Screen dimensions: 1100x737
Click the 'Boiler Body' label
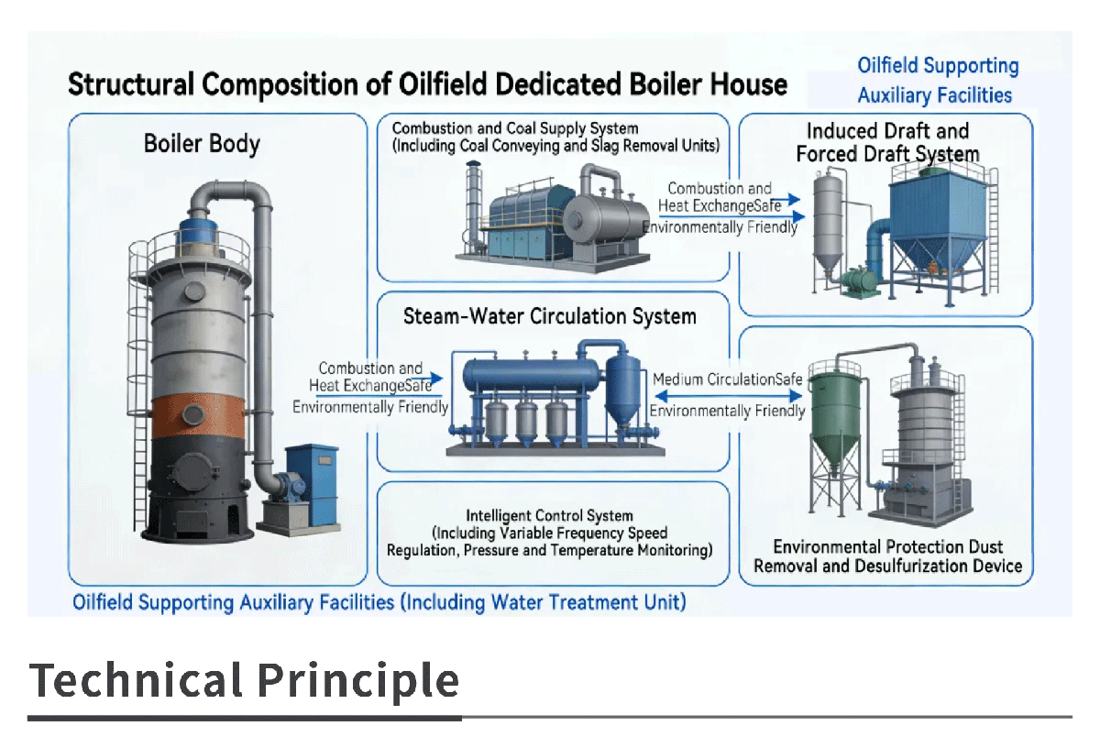pos(202,144)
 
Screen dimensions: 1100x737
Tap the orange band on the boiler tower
pos(198,416)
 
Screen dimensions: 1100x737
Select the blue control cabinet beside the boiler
pos(313,484)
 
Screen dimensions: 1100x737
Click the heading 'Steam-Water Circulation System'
pos(549,316)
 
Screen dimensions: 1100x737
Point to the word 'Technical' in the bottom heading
pos(136,680)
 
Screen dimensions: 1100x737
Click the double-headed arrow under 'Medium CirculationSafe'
pos(729,395)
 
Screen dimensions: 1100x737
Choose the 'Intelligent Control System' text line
pos(549,515)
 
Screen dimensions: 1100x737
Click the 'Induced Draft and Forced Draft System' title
pos(887,142)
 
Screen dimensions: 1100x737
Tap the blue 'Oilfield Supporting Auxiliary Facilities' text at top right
pos(938,80)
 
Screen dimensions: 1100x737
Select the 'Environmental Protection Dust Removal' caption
pos(888,547)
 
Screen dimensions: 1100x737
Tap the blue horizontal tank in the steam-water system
pos(532,374)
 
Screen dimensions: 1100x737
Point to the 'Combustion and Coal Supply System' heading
pos(515,128)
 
